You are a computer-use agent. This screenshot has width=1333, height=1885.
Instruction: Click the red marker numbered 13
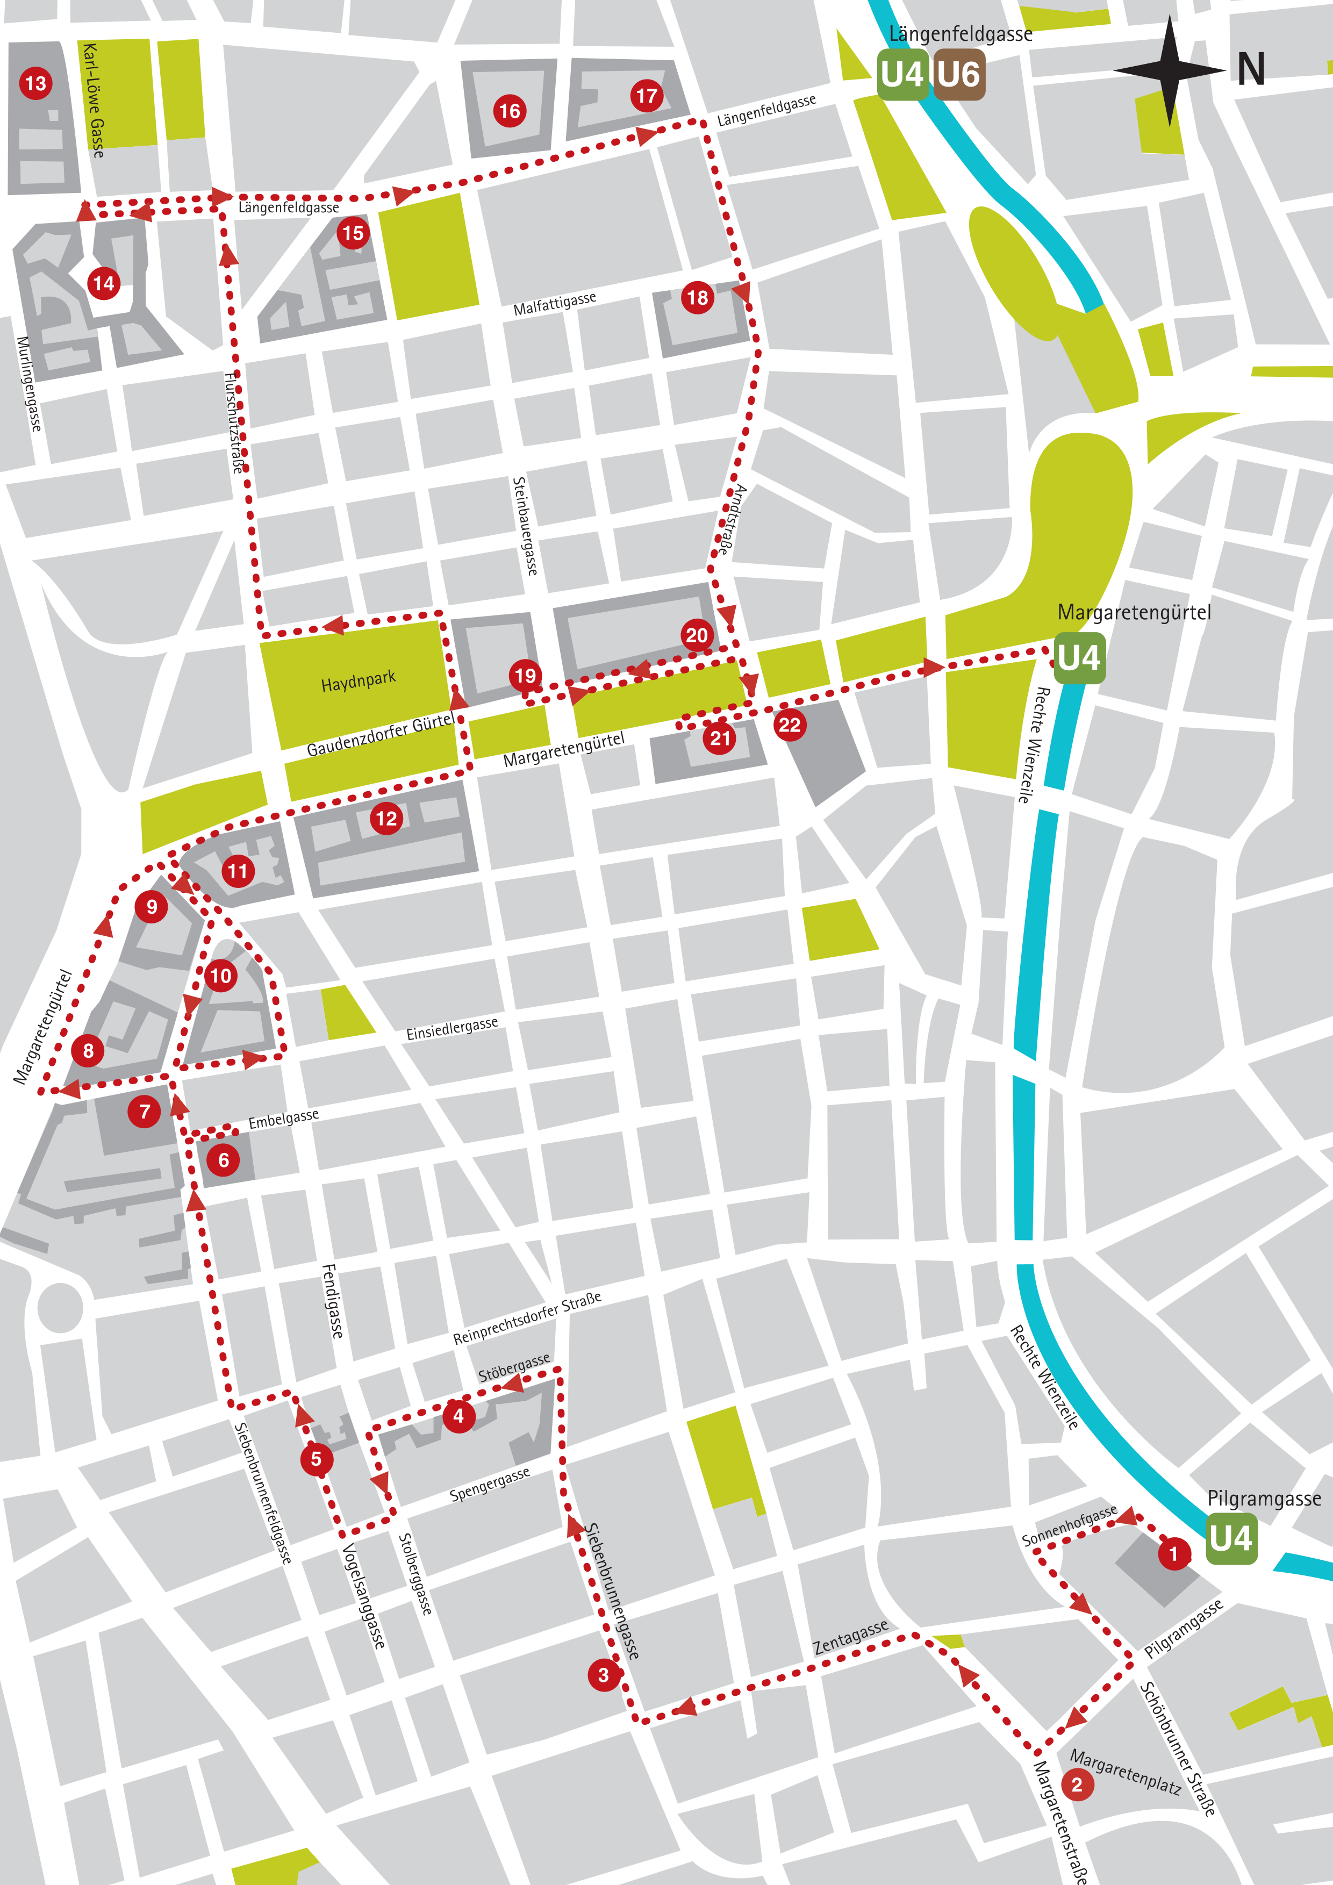(35, 83)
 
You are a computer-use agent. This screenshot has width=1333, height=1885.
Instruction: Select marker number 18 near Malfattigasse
(697, 297)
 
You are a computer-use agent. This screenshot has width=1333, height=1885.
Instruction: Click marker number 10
(220, 976)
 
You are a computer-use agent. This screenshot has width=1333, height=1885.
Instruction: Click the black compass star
(1170, 70)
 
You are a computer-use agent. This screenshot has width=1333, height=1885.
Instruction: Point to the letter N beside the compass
(1251, 70)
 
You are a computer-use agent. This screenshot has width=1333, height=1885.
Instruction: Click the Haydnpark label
(358, 680)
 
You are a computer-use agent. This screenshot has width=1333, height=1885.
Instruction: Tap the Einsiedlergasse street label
(452, 1029)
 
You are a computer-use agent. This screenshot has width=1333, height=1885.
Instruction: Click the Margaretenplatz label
(1126, 1771)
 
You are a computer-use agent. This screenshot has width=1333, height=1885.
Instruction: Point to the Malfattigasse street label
(555, 303)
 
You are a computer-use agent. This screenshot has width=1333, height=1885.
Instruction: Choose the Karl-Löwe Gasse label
(94, 100)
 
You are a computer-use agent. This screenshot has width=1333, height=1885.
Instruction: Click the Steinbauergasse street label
(525, 526)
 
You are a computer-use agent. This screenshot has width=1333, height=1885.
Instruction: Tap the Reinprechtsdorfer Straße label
(527, 1318)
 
